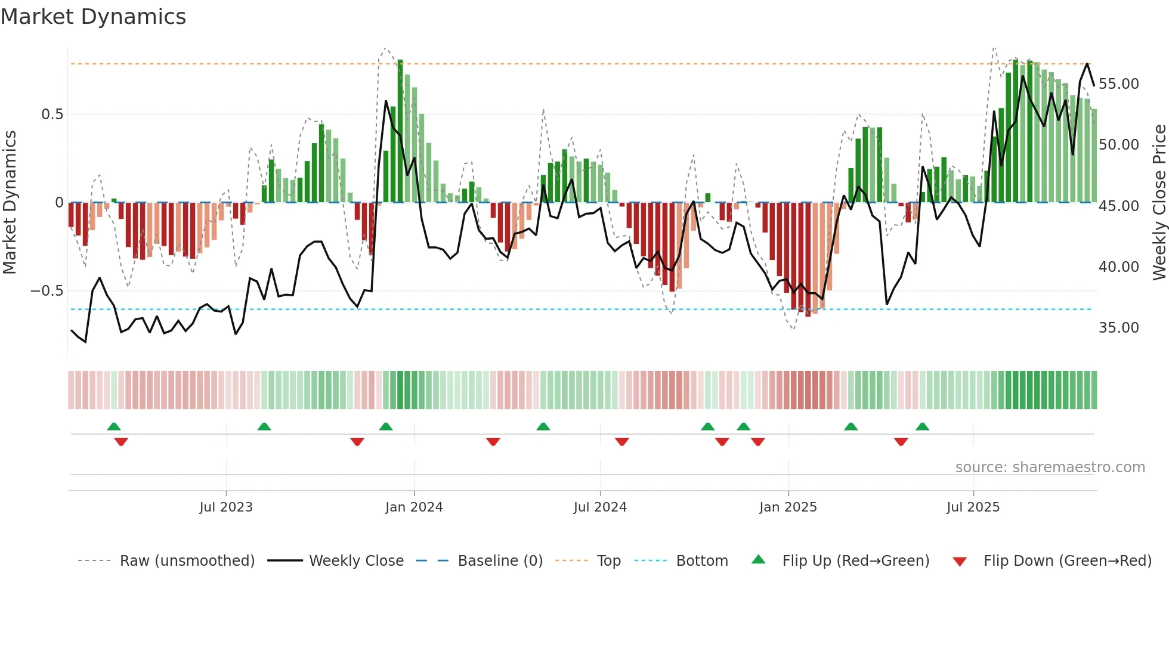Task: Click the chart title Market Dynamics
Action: point(93,17)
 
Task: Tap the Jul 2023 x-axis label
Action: point(226,507)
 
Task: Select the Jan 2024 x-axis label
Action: point(414,507)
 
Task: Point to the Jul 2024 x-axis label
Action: point(600,507)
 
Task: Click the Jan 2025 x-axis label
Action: point(788,507)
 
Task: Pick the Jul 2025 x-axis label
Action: point(973,507)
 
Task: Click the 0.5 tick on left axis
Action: point(52,114)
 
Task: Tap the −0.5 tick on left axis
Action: point(47,291)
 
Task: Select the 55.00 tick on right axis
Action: point(1119,84)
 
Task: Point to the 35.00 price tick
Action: point(1119,328)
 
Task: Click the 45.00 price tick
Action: point(1119,206)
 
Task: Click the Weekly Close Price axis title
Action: point(1159,203)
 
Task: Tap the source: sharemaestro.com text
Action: point(1050,467)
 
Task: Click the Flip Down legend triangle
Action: point(960,562)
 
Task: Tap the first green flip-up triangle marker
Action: point(114,426)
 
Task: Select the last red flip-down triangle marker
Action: point(901,442)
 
